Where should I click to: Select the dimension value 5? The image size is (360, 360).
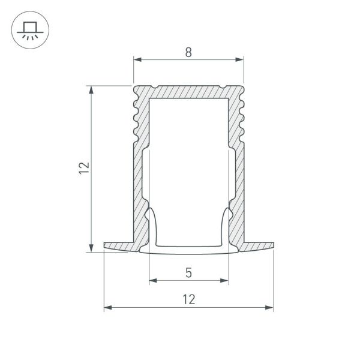[189, 274]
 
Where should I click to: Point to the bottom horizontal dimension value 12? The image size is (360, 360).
[189, 299]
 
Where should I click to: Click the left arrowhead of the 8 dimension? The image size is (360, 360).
[136, 59]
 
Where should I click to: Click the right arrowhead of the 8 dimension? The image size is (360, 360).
[242, 59]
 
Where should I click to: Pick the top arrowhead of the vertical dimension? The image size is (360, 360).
[91, 89]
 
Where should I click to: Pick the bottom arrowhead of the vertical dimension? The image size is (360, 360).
[91, 248]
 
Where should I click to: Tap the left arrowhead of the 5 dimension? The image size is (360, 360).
[152, 280]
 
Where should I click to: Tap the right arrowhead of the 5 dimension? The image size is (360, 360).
[226, 280]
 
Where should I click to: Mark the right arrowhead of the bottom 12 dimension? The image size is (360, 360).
[270, 308]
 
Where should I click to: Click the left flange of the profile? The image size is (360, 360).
[120, 246]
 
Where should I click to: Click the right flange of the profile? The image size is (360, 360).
[258, 246]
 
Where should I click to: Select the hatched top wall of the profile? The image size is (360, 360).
[189, 91]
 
